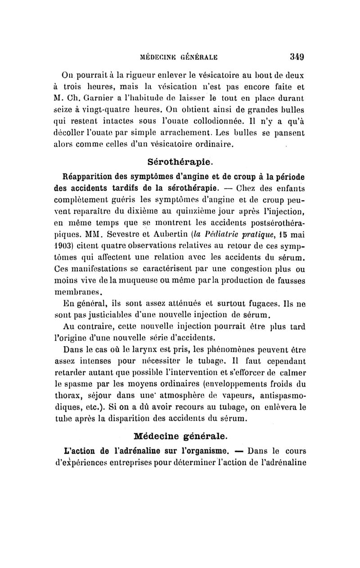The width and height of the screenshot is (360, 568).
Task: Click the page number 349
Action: point(297,57)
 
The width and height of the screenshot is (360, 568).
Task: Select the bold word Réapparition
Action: point(86,175)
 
